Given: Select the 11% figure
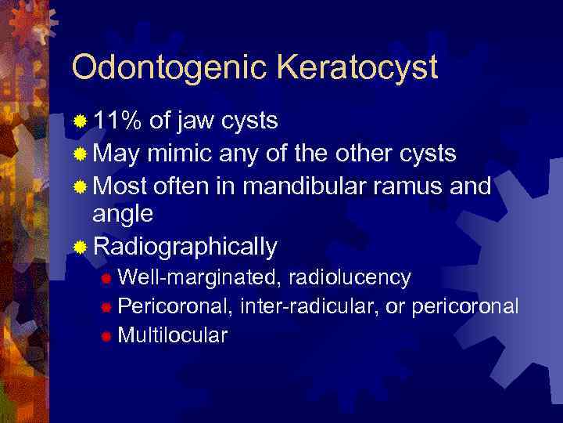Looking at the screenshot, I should click(x=118, y=121).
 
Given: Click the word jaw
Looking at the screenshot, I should click(x=197, y=123).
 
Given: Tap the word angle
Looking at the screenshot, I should click(x=123, y=215).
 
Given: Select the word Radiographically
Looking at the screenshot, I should click(x=185, y=248).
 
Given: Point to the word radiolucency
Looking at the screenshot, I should click(x=350, y=277).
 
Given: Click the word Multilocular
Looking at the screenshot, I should click(x=172, y=335).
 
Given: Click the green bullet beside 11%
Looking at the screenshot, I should click(x=80, y=122).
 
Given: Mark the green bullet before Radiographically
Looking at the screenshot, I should click(x=80, y=248).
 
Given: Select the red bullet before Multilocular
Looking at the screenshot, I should click(x=106, y=336).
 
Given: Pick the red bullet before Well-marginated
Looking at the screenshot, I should click(x=106, y=278).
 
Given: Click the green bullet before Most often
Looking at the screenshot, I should click(x=80, y=187).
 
